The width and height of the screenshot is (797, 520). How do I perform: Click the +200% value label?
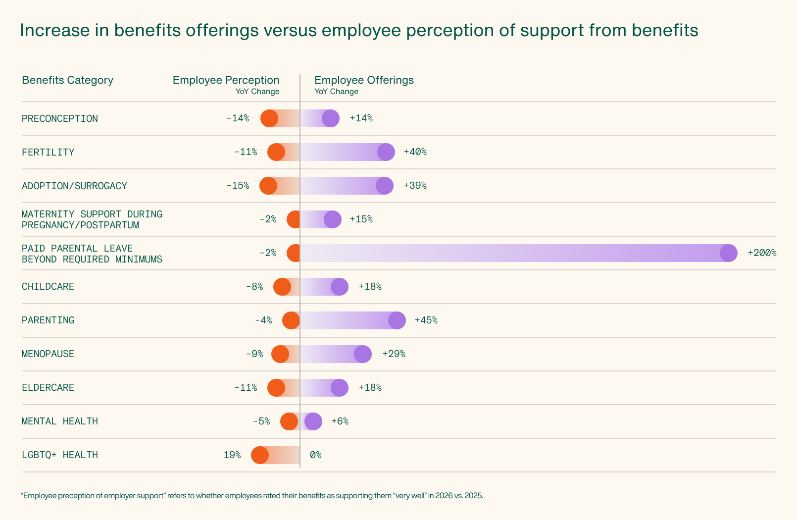click(762, 253)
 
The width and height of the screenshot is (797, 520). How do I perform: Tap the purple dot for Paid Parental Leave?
click(728, 253)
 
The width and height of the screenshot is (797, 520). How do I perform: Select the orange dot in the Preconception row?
click(269, 118)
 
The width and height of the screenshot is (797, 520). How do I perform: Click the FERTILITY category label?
click(48, 152)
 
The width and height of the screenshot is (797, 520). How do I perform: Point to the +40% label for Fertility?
click(415, 152)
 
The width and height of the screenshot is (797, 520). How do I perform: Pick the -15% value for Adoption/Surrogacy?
click(238, 186)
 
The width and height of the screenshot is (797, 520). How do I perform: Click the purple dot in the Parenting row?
click(397, 320)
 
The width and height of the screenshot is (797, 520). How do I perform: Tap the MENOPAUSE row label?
click(48, 354)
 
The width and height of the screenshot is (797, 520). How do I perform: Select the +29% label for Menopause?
click(394, 354)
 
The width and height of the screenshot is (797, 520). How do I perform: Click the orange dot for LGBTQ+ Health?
click(260, 455)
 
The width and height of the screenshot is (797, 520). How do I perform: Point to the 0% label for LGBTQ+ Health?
click(316, 455)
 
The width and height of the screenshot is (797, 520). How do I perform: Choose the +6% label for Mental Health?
click(340, 421)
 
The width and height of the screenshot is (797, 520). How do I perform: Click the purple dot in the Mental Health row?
click(313, 421)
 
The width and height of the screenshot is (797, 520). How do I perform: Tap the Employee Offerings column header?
click(364, 80)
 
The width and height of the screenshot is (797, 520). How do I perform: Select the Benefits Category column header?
click(67, 80)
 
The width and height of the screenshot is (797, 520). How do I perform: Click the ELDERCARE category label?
click(48, 388)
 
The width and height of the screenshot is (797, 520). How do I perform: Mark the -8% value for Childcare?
click(254, 287)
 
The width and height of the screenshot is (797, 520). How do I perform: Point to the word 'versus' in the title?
click(290, 31)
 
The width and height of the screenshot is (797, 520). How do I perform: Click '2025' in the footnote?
click(473, 496)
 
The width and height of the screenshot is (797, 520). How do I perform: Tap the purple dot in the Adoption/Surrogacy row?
click(385, 186)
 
